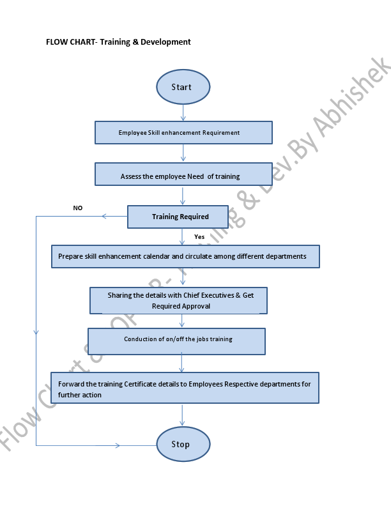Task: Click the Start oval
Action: (183, 87)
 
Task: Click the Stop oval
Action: (183, 444)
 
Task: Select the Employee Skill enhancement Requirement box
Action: (183, 133)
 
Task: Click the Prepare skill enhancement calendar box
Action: (185, 256)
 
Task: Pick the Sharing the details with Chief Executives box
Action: (178, 301)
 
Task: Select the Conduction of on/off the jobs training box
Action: (176, 341)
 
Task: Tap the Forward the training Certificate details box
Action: (185, 388)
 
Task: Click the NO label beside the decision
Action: (78, 208)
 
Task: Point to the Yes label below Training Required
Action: (199, 236)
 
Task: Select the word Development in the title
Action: (167, 42)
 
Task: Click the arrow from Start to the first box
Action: (183, 113)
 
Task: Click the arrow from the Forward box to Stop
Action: (183, 415)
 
